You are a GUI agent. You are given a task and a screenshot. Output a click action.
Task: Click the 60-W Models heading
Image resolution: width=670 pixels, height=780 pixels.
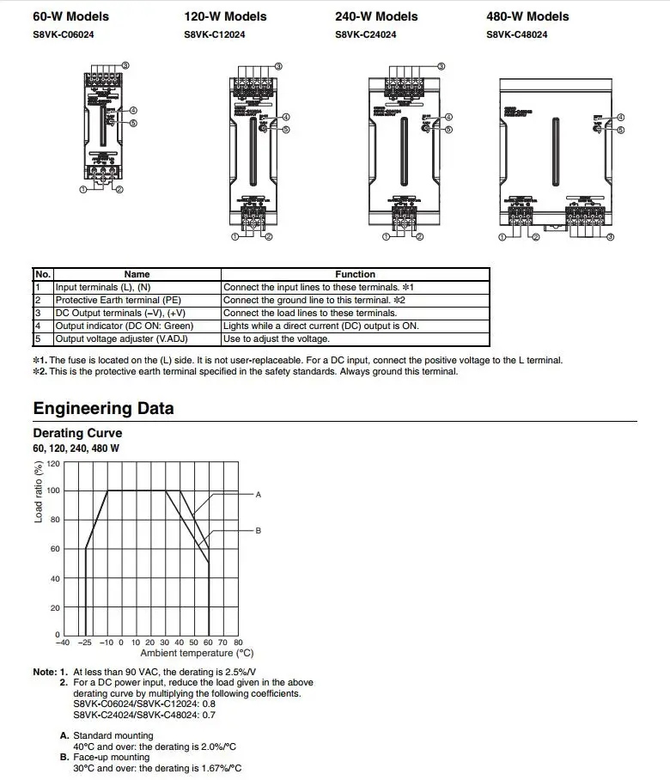tap(70, 16)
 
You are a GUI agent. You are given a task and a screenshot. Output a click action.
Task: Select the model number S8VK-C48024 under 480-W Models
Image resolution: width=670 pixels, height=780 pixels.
tap(517, 35)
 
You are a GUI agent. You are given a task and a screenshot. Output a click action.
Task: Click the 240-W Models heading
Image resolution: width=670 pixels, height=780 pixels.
tap(376, 16)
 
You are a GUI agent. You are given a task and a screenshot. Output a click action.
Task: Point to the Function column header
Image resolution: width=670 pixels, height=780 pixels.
tap(355, 275)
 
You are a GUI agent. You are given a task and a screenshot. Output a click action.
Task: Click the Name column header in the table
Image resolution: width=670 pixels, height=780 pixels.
tap(137, 275)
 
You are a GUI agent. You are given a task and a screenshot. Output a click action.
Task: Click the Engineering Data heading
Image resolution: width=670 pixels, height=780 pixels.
tap(103, 408)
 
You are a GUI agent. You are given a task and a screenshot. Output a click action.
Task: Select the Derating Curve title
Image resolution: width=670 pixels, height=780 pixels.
tap(77, 433)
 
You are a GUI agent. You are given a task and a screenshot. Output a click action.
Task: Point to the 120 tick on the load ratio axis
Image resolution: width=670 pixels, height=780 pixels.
tap(53, 464)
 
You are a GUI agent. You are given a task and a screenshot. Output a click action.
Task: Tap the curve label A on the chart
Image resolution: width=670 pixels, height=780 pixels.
tap(258, 495)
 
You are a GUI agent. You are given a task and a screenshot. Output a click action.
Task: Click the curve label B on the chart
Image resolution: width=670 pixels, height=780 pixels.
tap(258, 531)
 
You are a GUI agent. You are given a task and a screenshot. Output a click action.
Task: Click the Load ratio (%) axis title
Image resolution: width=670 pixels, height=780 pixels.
tap(39, 492)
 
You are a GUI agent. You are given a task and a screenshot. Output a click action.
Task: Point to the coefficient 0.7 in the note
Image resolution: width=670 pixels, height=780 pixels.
tap(209, 715)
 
